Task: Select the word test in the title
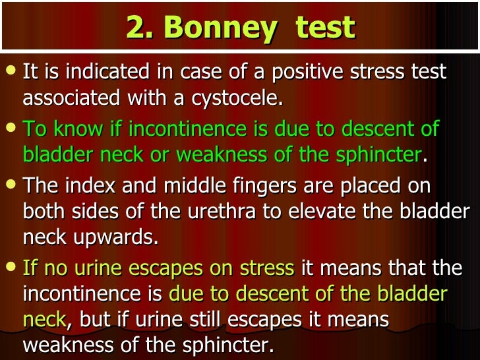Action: coord(325,28)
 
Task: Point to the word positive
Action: coord(307,71)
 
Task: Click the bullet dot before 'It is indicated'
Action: coord(11,70)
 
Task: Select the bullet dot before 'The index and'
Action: coord(11,184)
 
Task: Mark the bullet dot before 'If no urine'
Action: coord(11,268)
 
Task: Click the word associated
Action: coord(71,99)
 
